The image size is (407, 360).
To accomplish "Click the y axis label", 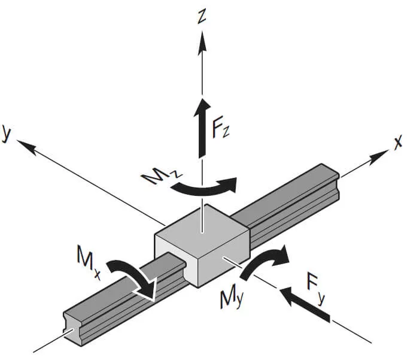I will [x=8, y=132].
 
